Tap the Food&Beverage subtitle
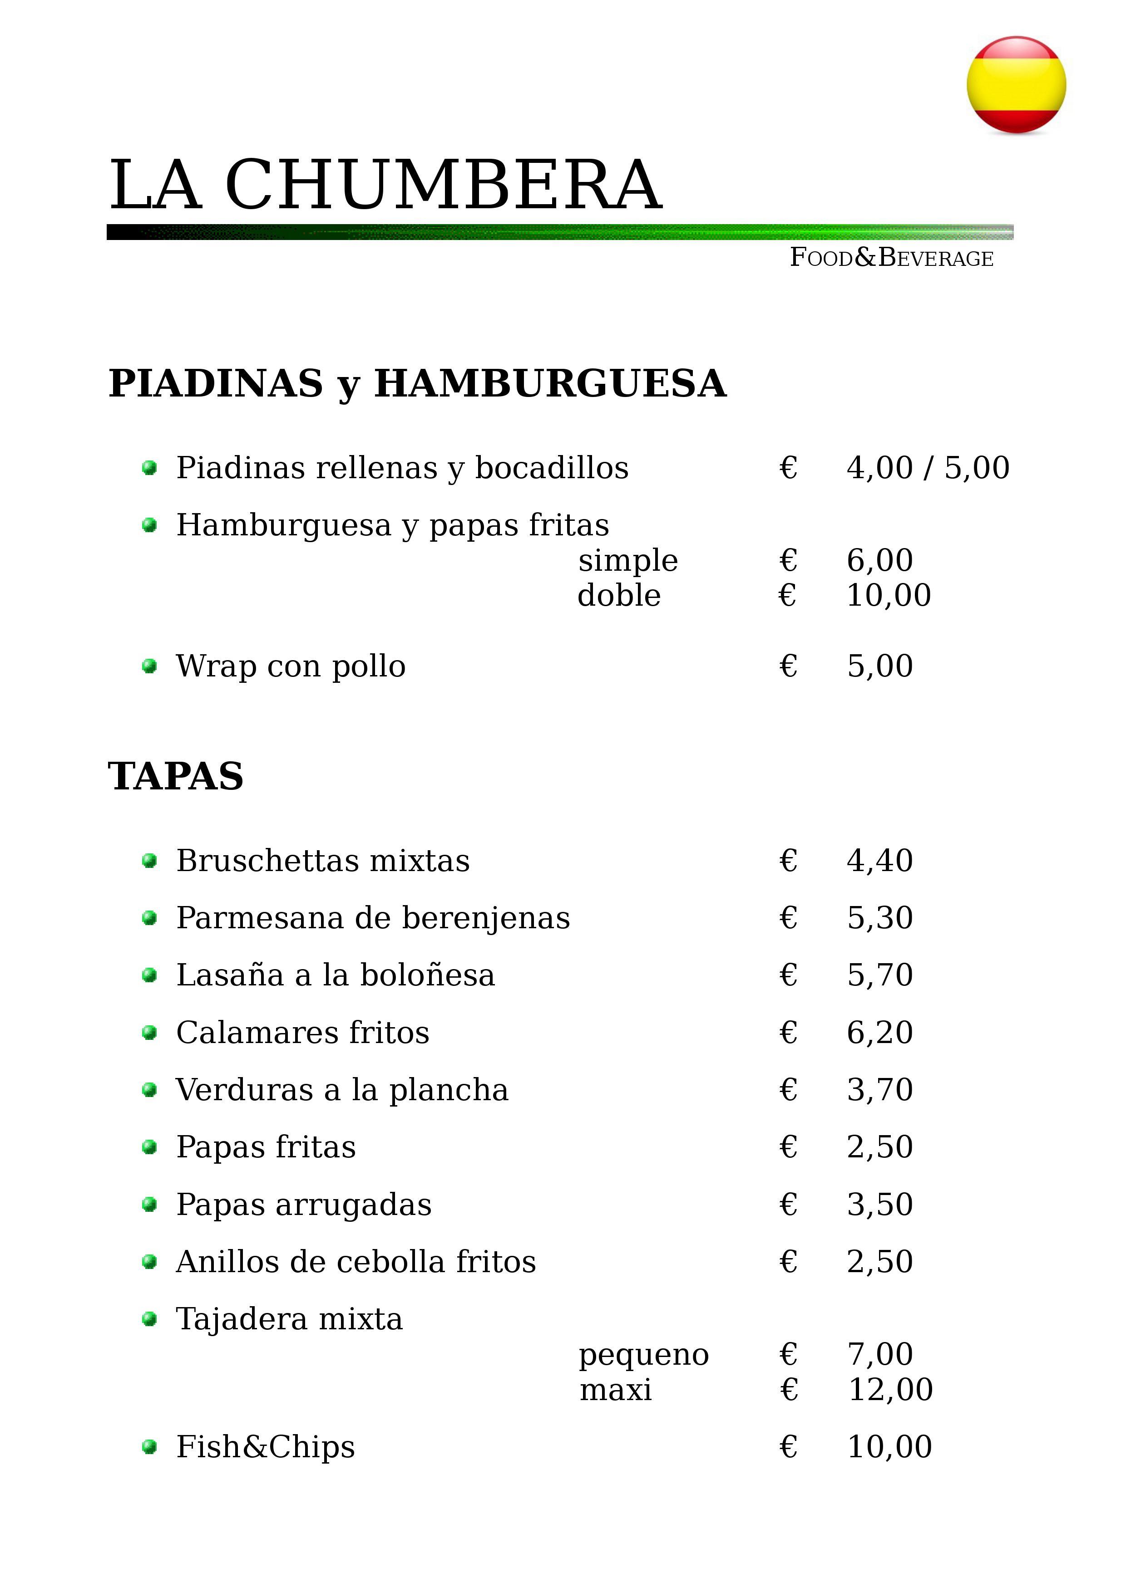tap(892, 258)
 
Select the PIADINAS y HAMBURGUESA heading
tap(417, 383)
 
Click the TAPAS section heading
tap(176, 776)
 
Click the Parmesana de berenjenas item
tap(373, 918)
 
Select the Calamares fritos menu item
tap(302, 1033)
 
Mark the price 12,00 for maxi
tap(890, 1390)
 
